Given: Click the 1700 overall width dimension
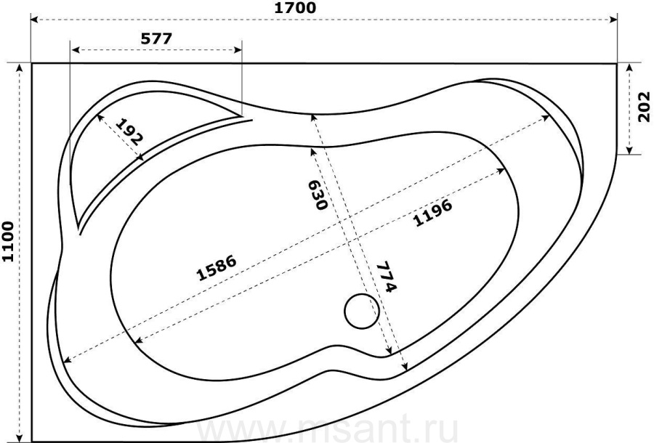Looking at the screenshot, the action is [295, 8].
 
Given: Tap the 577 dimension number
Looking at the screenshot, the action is [156, 38].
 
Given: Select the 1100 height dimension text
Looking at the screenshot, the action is [8, 241].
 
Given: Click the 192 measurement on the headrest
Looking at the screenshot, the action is [129, 131].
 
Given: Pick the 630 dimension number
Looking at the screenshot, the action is [317, 195].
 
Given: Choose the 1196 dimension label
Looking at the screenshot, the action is [432, 213].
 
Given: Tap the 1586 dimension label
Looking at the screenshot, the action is [217, 267].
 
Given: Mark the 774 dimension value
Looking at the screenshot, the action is [387, 277].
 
